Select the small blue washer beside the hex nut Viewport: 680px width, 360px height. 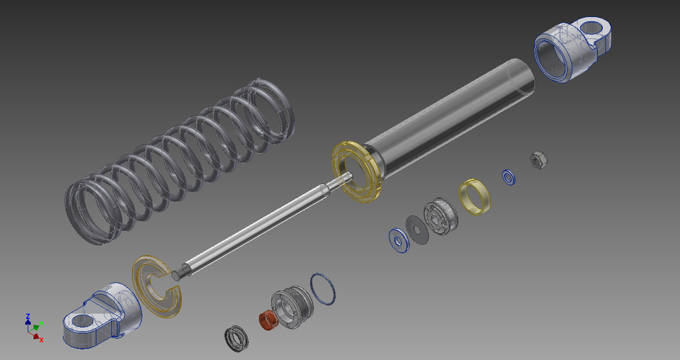point(509,176)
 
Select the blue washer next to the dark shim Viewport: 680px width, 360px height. point(399,240)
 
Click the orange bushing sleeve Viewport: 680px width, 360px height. point(267,320)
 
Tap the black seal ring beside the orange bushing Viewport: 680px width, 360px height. point(236,338)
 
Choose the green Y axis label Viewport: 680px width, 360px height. point(41,323)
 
